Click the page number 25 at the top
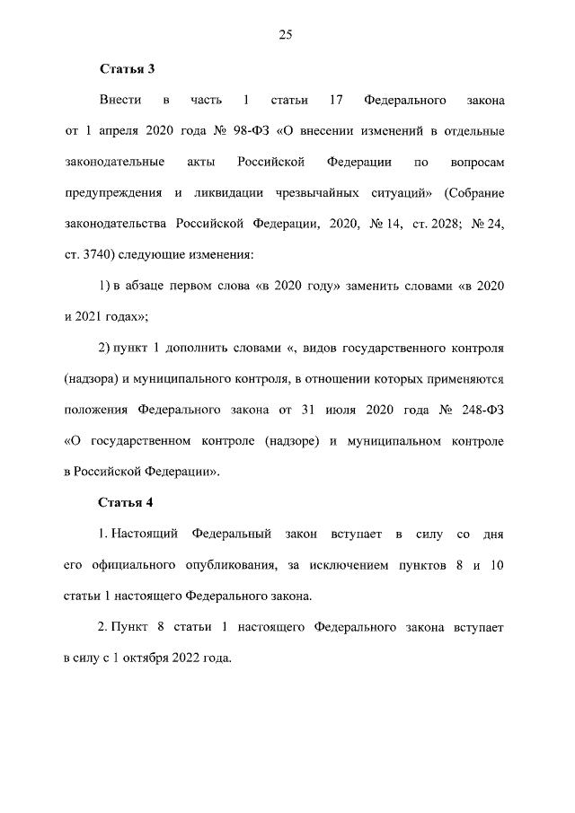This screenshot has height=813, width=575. coord(286,35)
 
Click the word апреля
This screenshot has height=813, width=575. coord(116,131)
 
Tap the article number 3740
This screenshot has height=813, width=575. coord(99,253)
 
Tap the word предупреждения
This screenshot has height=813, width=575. coord(113,192)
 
